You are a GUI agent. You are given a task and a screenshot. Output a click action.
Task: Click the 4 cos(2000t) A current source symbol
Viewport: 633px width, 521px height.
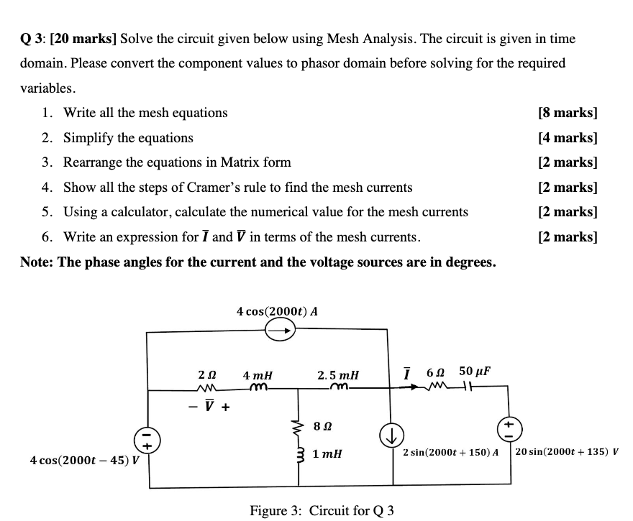coord(280,331)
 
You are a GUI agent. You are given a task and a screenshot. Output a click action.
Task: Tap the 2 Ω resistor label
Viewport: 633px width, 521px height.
coord(206,375)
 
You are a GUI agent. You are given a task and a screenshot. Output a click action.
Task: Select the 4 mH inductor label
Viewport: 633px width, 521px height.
coord(258,375)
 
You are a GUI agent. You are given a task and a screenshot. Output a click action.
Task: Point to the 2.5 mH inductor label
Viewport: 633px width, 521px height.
coord(338,375)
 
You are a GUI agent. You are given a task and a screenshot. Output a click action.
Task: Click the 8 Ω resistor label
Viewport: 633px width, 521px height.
coord(323,427)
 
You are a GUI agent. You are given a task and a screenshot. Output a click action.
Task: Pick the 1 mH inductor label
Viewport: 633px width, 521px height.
coord(328,453)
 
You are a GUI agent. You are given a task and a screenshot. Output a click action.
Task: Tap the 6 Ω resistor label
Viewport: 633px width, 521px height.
coord(436,372)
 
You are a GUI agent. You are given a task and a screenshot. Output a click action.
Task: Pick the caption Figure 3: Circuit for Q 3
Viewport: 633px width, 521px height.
coord(322,511)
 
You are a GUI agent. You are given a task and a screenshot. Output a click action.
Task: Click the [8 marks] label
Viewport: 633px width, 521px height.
coord(568,113)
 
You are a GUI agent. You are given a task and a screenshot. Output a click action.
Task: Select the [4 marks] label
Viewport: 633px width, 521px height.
coord(568,138)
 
